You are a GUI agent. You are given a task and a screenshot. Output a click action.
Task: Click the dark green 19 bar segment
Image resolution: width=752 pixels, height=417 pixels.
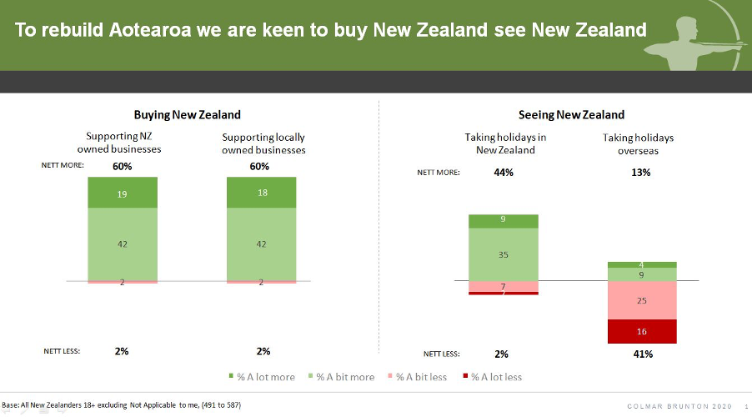[x=123, y=193]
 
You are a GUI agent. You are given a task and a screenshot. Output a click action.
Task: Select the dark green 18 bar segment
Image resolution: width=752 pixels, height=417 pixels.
[x=262, y=193]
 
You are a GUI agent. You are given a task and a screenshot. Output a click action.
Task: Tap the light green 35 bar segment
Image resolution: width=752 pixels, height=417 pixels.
[x=503, y=254]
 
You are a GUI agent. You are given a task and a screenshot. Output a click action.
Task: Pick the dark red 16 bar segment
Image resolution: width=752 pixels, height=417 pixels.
[x=642, y=331]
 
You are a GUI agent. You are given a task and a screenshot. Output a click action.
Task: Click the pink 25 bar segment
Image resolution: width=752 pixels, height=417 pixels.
[x=642, y=300]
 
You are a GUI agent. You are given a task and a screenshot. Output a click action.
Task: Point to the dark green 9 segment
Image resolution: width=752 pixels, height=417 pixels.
[x=503, y=221]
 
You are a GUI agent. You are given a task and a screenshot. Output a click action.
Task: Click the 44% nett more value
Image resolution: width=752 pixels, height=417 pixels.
[x=504, y=173]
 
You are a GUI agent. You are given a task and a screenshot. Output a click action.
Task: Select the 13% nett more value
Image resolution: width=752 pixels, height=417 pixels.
[x=641, y=173]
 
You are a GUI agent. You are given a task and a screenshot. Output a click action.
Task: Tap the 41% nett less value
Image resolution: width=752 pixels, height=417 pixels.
[x=643, y=354]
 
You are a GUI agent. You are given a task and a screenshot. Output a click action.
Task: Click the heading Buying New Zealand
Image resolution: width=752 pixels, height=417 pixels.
[x=187, y=115]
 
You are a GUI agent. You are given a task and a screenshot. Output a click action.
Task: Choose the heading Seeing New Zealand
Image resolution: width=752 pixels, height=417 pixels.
[x=571, y=115]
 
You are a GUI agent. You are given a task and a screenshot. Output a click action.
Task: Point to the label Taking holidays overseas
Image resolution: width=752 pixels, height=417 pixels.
[x=638, y=144]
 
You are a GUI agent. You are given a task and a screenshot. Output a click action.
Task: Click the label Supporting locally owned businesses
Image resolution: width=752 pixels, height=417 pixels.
[x=263, y=143]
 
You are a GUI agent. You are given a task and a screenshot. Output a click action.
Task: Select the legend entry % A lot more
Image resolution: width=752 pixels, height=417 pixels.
[x=262, y=377]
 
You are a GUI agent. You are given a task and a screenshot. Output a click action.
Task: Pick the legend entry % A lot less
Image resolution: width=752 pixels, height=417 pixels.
[x=493, y=377]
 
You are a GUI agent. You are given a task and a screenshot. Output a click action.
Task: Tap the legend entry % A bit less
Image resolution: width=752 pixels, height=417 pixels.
[x=417, y=377]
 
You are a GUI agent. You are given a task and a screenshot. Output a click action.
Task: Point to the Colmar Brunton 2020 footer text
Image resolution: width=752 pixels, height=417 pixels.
[x=679, y=406]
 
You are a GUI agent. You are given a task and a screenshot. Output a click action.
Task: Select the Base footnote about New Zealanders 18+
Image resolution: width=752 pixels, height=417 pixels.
[x=122, y=405]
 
